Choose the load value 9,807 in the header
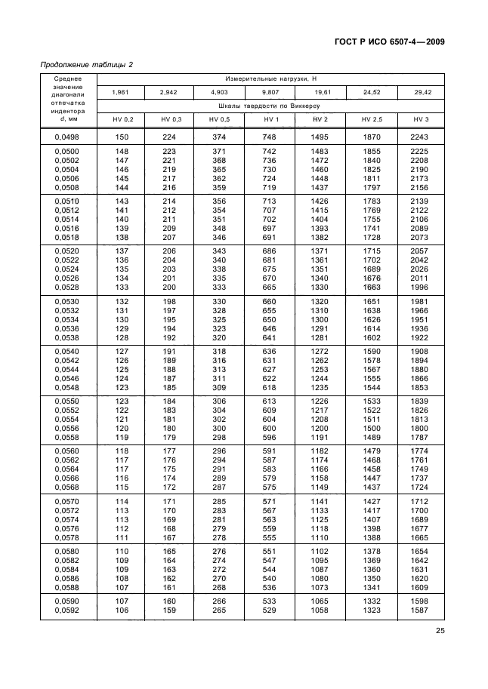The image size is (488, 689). pyautogui.click(x=270, y=92)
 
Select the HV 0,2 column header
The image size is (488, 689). pyautogui.click(x=122, y=120)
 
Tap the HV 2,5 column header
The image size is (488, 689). pyautogui.click(x=372, y=120)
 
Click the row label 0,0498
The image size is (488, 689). pyautogui.click(x=69, y=137)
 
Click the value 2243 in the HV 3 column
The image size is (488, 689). pyautogui.click(x=421, y=137)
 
